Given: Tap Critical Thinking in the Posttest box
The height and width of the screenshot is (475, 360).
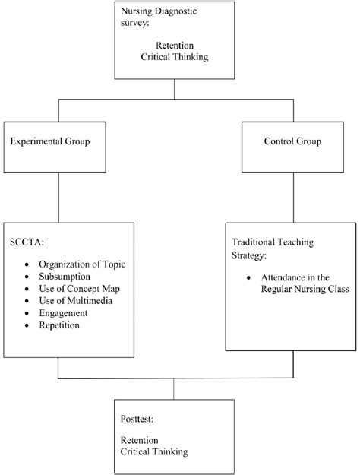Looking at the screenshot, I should pyautogui.click(x=154, y=451).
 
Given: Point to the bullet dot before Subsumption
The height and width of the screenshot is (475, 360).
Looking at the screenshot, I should pyautogui.click(x=27, y=277).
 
